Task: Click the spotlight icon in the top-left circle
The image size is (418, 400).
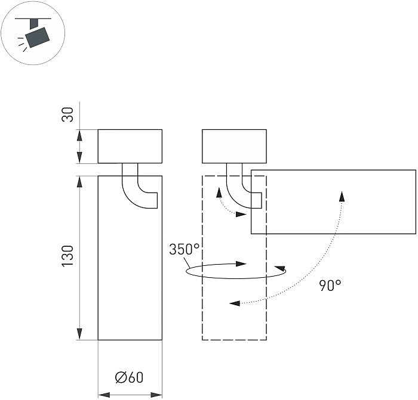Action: (x=34, y=35)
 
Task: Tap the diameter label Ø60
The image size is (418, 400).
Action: (x=129, y=378)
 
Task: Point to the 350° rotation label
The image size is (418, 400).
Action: (x=184, y=249)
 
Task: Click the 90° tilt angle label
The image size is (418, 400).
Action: (x=330, y=285)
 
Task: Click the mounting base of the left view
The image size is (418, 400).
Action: (x=130, y=146)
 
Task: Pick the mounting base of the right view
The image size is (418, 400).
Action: (x=234, y=146)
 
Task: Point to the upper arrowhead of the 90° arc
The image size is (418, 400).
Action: (x=342, y=196)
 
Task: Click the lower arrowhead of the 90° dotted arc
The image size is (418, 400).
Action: (x=235, y=303)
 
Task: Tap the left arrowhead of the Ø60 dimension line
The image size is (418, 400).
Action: (x=102, y=394)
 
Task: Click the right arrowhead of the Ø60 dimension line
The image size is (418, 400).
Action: (x=158, y=394)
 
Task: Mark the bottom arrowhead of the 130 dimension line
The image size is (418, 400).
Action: (x=79, y=335)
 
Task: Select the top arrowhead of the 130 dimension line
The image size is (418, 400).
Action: (x=79, y=180)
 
